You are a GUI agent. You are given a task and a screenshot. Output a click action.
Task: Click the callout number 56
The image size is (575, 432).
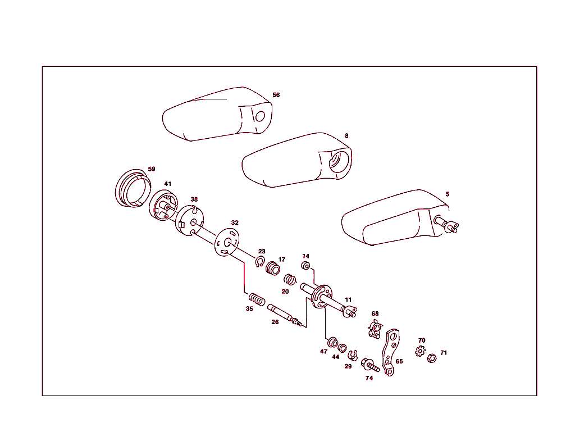tap(276, 95)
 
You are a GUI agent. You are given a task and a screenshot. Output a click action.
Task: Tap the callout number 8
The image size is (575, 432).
tap(346, 136)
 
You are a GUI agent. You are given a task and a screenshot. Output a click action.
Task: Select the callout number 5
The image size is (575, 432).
tap(448, 194)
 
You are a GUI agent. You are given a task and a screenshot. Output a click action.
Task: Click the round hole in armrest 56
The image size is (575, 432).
tap(260, 116)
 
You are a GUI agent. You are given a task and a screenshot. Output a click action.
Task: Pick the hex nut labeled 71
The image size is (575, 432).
tap(432, 357)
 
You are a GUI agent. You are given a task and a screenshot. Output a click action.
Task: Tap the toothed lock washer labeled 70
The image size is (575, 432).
tap(420, 352)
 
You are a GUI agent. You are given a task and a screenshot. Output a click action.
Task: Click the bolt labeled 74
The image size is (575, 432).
tap(369, 365)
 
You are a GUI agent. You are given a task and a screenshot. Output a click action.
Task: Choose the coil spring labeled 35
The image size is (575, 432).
tap(257, 300)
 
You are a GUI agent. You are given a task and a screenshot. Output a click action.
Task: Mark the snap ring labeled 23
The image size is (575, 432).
tap(260, 262)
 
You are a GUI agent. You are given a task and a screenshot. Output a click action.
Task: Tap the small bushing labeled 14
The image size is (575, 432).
tap(307, 266)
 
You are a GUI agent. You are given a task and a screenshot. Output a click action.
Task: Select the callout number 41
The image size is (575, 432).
tap(167, 184)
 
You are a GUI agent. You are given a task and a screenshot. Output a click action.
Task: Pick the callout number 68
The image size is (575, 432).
tap(375, 313)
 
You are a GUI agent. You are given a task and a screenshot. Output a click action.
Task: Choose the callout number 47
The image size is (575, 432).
tap(323, 351)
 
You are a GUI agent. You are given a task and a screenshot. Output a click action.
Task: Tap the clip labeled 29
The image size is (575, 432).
tap(353, 355)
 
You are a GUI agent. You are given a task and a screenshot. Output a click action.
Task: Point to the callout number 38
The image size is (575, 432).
tap(194, 199)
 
